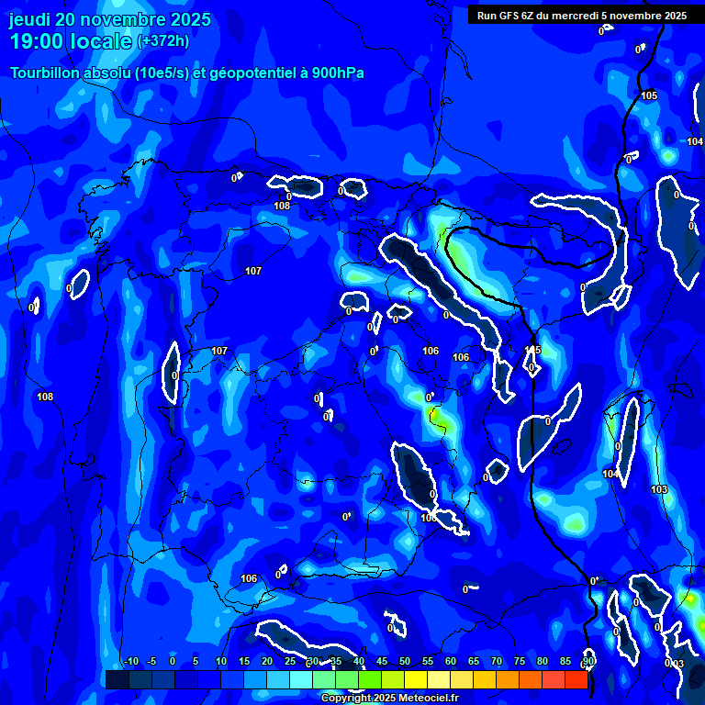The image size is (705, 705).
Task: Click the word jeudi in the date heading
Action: point(29,19)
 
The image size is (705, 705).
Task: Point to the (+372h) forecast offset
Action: point(163,40)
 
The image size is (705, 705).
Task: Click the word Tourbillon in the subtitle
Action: point(46,73)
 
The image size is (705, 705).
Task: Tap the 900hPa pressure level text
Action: point(336,73)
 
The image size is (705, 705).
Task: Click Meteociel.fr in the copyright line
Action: point(427,699)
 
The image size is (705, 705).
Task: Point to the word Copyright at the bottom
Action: point(345,699)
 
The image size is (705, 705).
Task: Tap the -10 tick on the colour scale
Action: point(130,661)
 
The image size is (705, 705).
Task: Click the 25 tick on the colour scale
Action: point(289,661)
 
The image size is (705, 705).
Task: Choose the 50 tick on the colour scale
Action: point(404,661)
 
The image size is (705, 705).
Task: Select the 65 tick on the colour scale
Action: point(473,661)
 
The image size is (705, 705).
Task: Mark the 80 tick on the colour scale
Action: point(542,661)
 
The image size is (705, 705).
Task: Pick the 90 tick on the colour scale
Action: point(587,661)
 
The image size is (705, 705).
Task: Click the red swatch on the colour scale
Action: point(576,679)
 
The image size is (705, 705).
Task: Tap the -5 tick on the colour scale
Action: point(151,661)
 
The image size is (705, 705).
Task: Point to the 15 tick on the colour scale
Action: point(243,661)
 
